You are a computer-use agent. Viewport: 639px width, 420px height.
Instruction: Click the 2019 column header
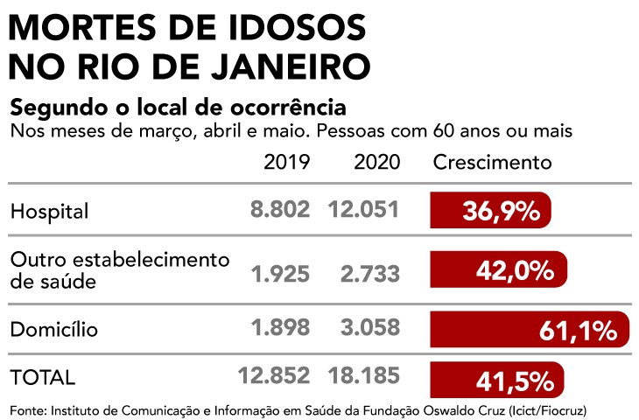pos(286,163)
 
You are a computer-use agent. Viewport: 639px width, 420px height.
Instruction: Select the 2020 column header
pos(377,163)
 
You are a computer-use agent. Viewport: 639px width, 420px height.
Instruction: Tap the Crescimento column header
pos(493,163)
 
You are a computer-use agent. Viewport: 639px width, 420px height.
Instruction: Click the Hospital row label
pos(50,211)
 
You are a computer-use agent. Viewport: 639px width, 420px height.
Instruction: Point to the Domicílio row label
pos(54,329)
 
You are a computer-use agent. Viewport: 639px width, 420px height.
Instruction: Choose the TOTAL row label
pos(42,377)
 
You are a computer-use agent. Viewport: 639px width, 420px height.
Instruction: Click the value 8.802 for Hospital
pos(280,210)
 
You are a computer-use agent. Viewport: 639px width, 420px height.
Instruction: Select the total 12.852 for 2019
pos(274,376)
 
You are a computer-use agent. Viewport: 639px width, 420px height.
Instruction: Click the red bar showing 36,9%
pos(490,210)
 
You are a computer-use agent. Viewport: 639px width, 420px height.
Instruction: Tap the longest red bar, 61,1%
pos(530,330)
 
